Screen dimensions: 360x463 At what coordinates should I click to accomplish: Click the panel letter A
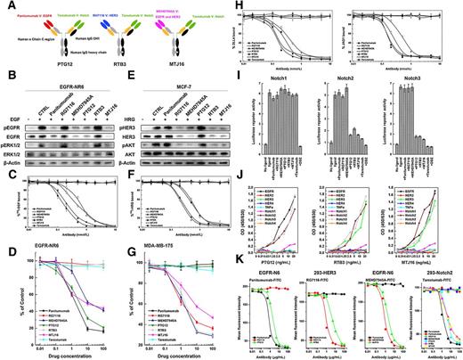click(5, 6)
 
